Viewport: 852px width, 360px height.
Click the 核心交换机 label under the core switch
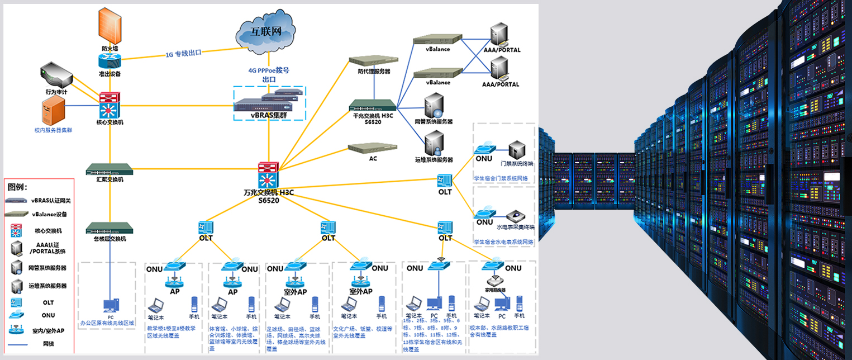(x=110, y=122)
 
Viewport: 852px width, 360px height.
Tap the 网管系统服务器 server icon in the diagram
(x=434, y=106)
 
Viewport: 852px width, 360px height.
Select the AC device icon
(x=373, y=148)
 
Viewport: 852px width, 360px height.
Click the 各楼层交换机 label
(x=110, y=239)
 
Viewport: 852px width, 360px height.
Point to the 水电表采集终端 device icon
(x=515, y=216)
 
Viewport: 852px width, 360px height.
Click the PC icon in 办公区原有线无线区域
(x=110, y=305)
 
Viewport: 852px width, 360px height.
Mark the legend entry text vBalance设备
(x=50, y=214)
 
